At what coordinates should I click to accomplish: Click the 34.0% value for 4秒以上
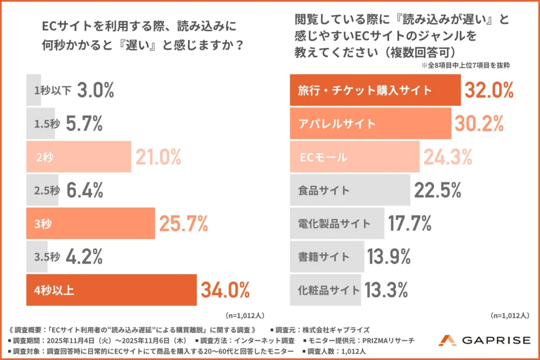tap(225, 290)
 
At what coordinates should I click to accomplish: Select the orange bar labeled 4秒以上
tap(111, 290)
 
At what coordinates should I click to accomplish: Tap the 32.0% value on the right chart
tap(489, 90)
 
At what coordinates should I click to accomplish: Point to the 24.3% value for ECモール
tap(448, 157)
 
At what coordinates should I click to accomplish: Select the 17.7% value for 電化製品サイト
tap(410, 223)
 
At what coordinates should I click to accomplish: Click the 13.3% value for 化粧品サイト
tap(387, 290)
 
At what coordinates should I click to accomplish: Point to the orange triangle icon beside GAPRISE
tap(447, 340)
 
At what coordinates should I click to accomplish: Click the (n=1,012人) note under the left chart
tap(245, 316)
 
